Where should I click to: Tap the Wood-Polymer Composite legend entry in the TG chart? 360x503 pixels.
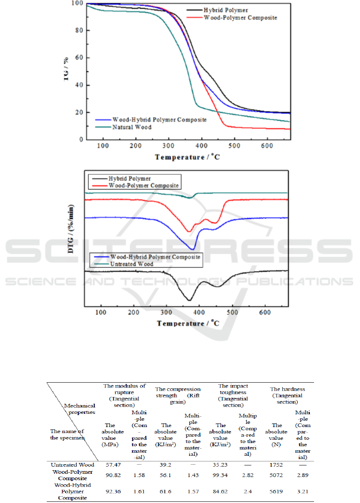pos(240,18)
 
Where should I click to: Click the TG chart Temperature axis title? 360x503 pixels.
pos(187,157)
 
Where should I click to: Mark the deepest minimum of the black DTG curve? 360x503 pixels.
pos(189,300)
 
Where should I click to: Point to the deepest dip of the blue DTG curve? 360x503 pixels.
pos(193,250)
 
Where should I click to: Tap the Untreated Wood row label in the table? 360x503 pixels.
pos(72,465)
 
